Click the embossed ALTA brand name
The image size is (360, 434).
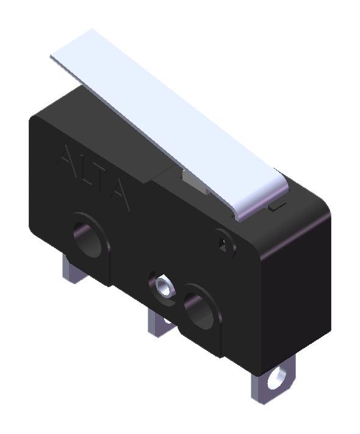pyautogui.click(x=93, y=176)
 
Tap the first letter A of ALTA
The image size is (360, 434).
pyautogui.click(x=67, y=157)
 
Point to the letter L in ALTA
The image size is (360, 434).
pyautogui.click(x=84, y=169)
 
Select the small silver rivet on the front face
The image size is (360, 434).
pyautogui.click(x=163, y=285)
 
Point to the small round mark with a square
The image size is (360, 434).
pyautogui.click(x=224, y=241)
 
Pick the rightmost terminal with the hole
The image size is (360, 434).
pyautogui.click(x=272, y=381)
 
